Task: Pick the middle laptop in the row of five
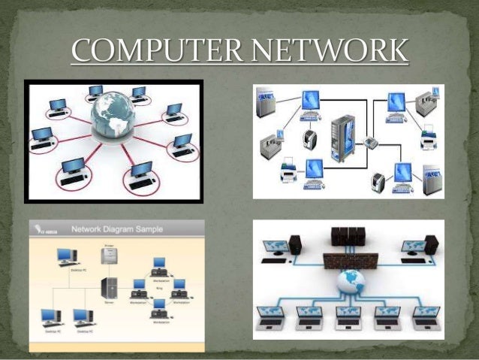click(x=348, y=316)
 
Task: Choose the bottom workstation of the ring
click(x=158, y=306)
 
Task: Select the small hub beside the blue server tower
click(x=370, y=143)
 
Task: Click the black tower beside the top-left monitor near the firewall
click(x=294, y=244)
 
